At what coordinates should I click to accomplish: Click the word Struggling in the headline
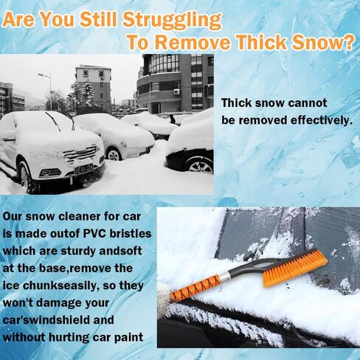172,20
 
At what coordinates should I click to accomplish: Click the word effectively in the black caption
320,120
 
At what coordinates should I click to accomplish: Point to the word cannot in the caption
308,103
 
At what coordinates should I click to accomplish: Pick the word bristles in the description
131,233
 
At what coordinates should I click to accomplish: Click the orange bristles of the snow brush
294,267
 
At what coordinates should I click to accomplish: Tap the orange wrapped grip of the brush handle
197,286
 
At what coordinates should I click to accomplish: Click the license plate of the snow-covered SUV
84,169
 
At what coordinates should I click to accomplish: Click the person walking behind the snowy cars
173,119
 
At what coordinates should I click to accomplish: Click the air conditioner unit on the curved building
177,92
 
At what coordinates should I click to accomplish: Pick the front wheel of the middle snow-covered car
114,154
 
